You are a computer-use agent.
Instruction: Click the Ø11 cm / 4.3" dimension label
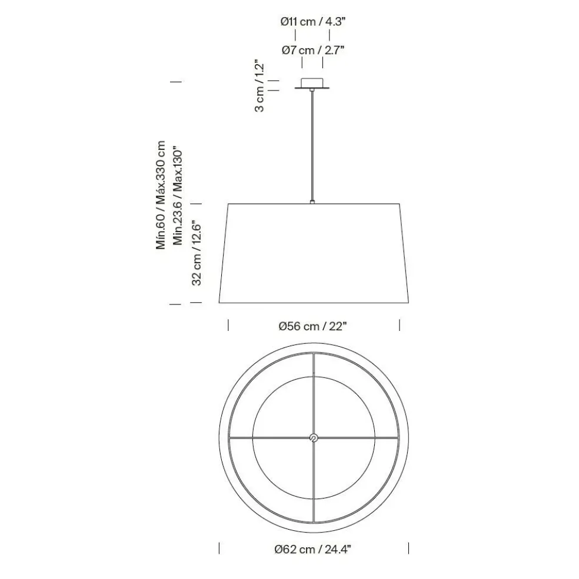(x=313, y=22)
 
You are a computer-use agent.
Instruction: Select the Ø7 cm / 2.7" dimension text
(x=313, y=50)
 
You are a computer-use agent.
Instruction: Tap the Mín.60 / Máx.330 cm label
(x=161, y=195)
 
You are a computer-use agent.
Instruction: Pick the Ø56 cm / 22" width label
(x=313, y=326)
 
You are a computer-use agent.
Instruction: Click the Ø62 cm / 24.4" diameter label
(x=313, y=550)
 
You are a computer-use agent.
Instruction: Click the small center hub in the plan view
(x=314, y=439)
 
